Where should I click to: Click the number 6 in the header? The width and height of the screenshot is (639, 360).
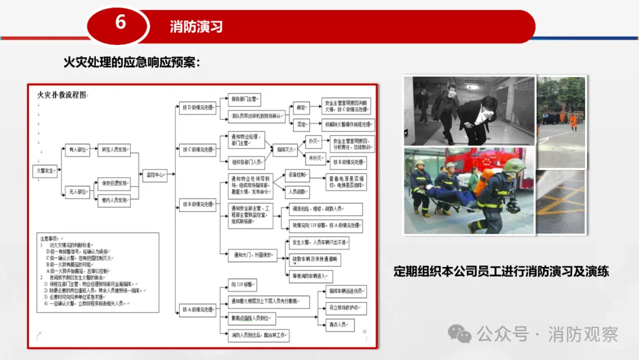pyautogui.click(x=120, y=22)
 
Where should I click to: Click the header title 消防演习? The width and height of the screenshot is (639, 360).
pyautogui.click(x=196, y=27)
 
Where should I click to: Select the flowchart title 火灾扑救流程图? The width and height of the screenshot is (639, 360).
pyautogui.click(x=62, y=95)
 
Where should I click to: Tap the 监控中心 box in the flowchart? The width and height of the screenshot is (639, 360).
pyautogui.click(x=155, y=175)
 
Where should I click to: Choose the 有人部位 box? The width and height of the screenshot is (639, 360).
pyautogui.click(x=78, y=150)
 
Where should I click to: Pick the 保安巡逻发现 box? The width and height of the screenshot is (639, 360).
pyautogui.click(x=114, y=183)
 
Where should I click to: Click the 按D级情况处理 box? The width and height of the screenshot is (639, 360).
pyautogui.click(x=197, y=107)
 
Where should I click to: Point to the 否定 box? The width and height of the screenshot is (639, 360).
pyautogui.click(x=302, y=124)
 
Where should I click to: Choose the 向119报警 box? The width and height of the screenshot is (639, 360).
pyautogui.click(x=243, y=285)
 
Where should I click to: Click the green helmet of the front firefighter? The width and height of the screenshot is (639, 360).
pyautogui.click(x=514, y=166)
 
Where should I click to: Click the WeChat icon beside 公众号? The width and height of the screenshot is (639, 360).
pyautogui.click(x=460, y=334)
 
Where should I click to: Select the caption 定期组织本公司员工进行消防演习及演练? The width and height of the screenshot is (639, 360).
pyautogui.click(x=501, y=272)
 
